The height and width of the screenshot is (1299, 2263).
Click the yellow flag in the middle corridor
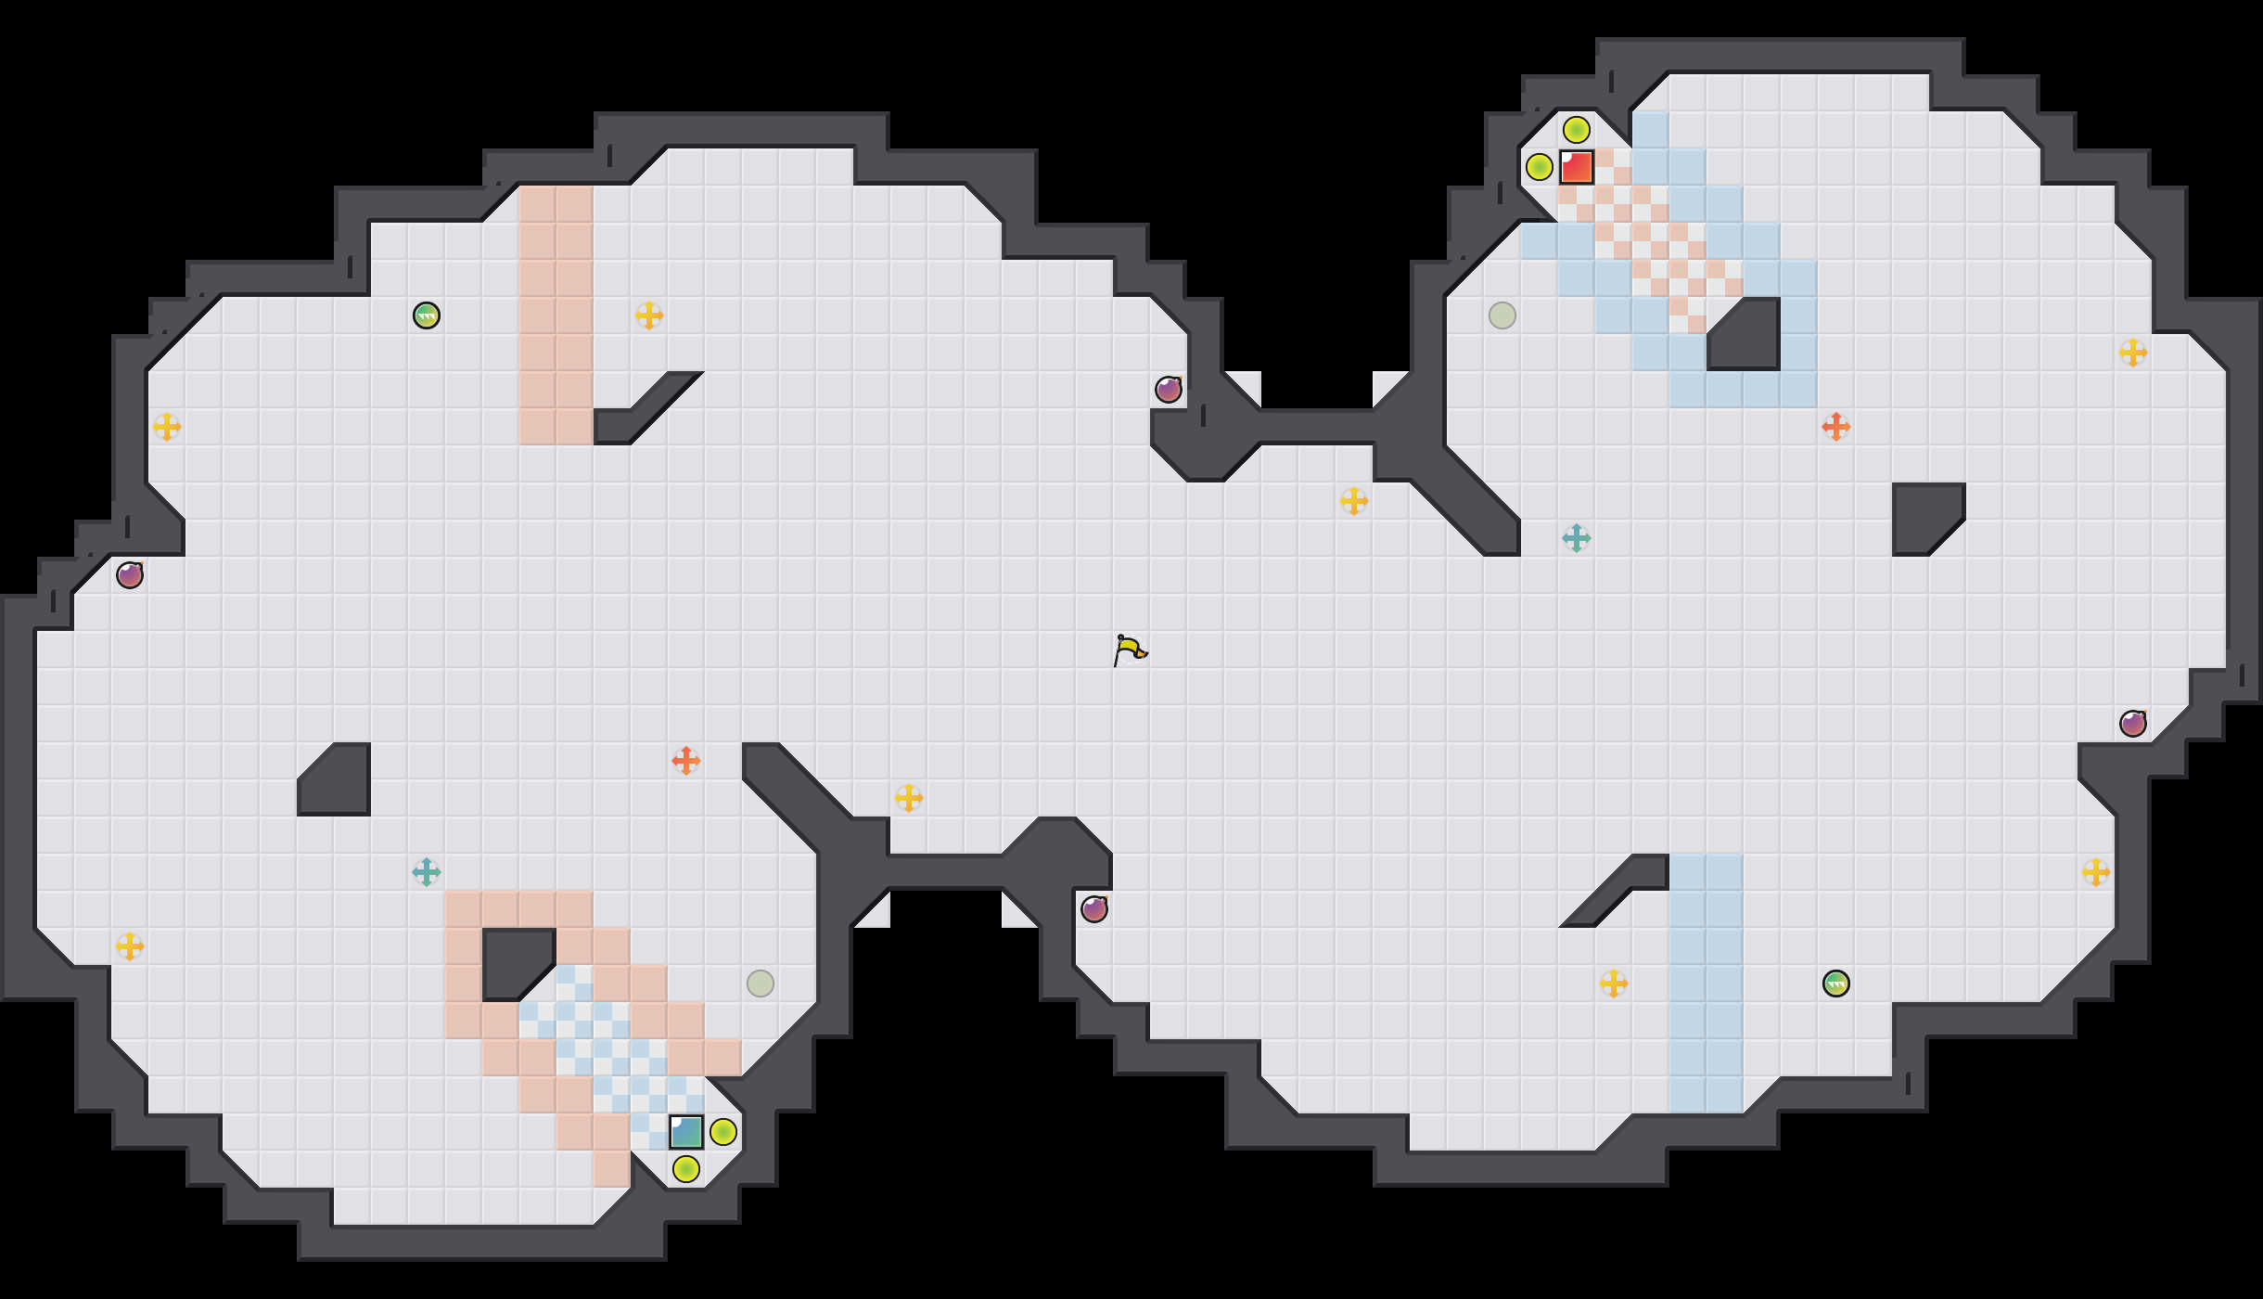pyautogui.click(x=1130, y=649)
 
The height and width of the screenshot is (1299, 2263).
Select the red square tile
pyautogui.click(x=1577, y=167)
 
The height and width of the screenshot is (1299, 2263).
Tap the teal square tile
pyautogui.click(x=686, y=1132)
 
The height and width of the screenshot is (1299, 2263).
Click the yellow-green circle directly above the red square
pyautogui.click(x=1577, y=130)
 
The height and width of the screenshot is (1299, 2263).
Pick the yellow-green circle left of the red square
pyautogui.click(x=1540, y=167)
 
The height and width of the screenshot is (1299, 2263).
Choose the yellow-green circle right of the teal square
pyautogui.click(x=723, y=1132)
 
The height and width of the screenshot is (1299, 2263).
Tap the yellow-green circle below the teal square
pyautogui.click(x=686, y=1169)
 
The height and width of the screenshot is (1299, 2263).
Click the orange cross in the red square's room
pyautogui.click(x=1836, y=427)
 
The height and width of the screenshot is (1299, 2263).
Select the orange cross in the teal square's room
pyautogui.click(x=686, y=761)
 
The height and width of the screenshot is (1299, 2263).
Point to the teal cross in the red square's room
pyautogui.click(x=1577, y=538)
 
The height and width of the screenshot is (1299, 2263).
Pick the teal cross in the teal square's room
pyautogui.click(x=427, y=872)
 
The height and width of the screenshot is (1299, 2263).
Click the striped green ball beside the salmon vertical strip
pyautogui.click(x=427, y=315)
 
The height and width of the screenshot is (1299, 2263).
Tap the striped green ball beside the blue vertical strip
pyautogui.click(x=1836, y=984)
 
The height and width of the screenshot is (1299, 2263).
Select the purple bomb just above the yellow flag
pyautogui.click(x=1169, y=390)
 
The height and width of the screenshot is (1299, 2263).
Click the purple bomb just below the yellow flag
pyautogui.click(x=1094, y=909)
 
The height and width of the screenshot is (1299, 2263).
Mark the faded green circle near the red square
pyautogui.click(x=1502, y=315)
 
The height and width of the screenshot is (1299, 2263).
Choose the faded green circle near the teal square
pyautogui.click(x=761, y=984)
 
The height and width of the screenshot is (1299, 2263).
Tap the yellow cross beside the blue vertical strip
pyautogui.click(x=1614, y=984)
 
